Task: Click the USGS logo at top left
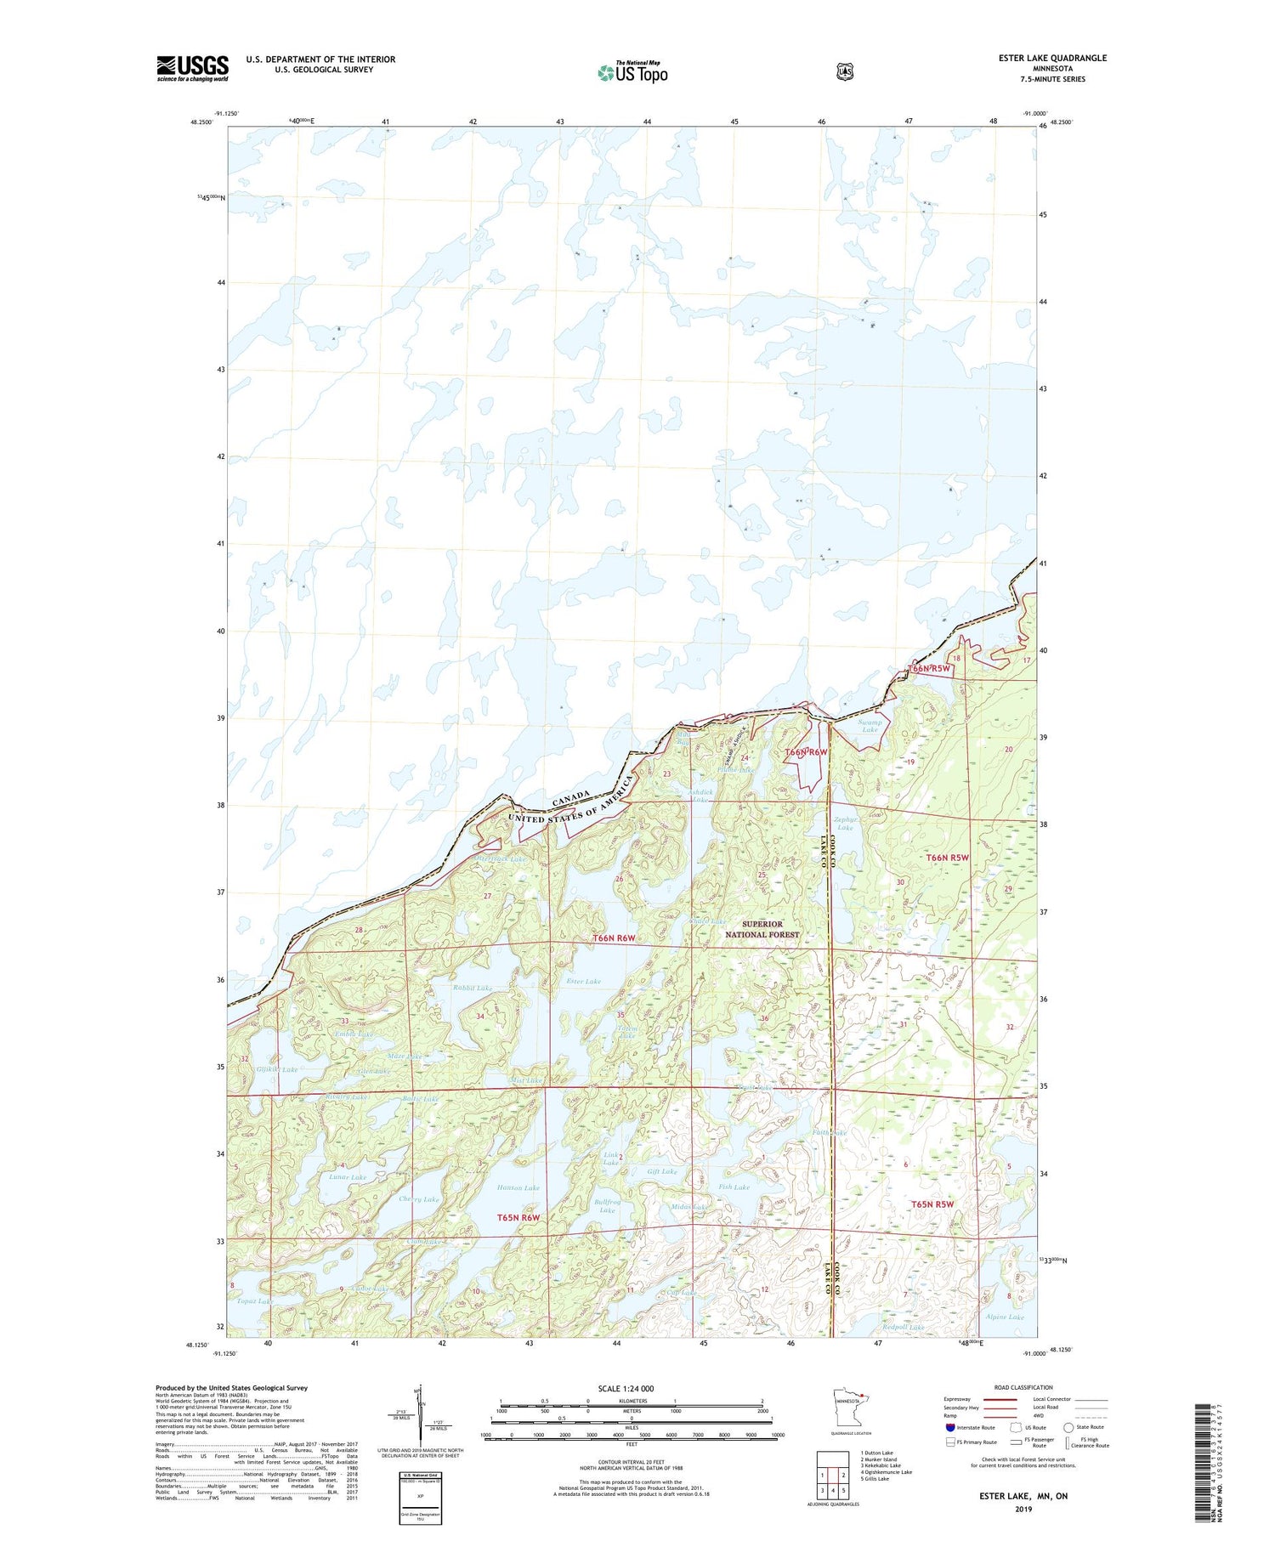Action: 192,68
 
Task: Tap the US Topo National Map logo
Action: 632,72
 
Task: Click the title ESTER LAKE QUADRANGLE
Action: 1052,59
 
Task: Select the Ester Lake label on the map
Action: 583,982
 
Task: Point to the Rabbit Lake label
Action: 473,989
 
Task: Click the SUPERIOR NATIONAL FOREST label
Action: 762,929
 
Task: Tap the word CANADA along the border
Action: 570,798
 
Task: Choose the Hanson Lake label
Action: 518,1188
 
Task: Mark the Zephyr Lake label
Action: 844,824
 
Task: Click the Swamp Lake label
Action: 870,725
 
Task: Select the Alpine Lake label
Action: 1005,1317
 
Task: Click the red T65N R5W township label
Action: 932,1204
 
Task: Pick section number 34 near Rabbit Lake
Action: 480,1016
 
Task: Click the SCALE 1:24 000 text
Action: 626,1389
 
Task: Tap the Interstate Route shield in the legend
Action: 949,1427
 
